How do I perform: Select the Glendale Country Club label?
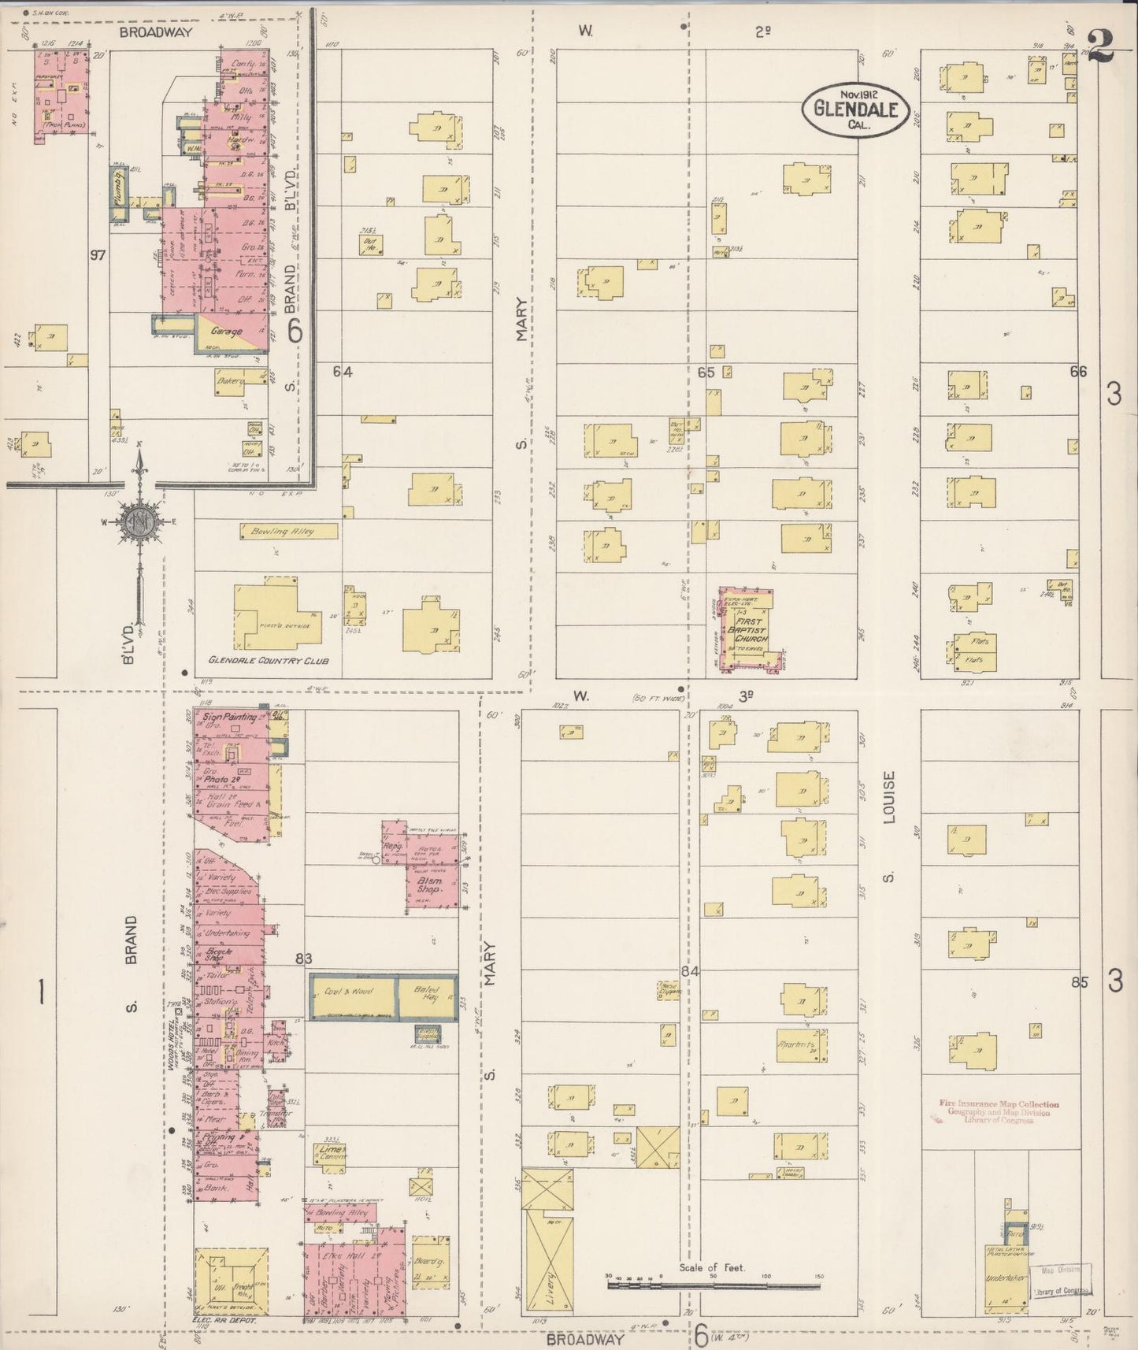coord(269,661)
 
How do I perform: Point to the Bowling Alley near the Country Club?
coord(289,532)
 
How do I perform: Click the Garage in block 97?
coord(227,332)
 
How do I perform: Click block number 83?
coord(305,959)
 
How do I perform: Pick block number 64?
coord(342,372)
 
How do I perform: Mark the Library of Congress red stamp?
coord(999,1111)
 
